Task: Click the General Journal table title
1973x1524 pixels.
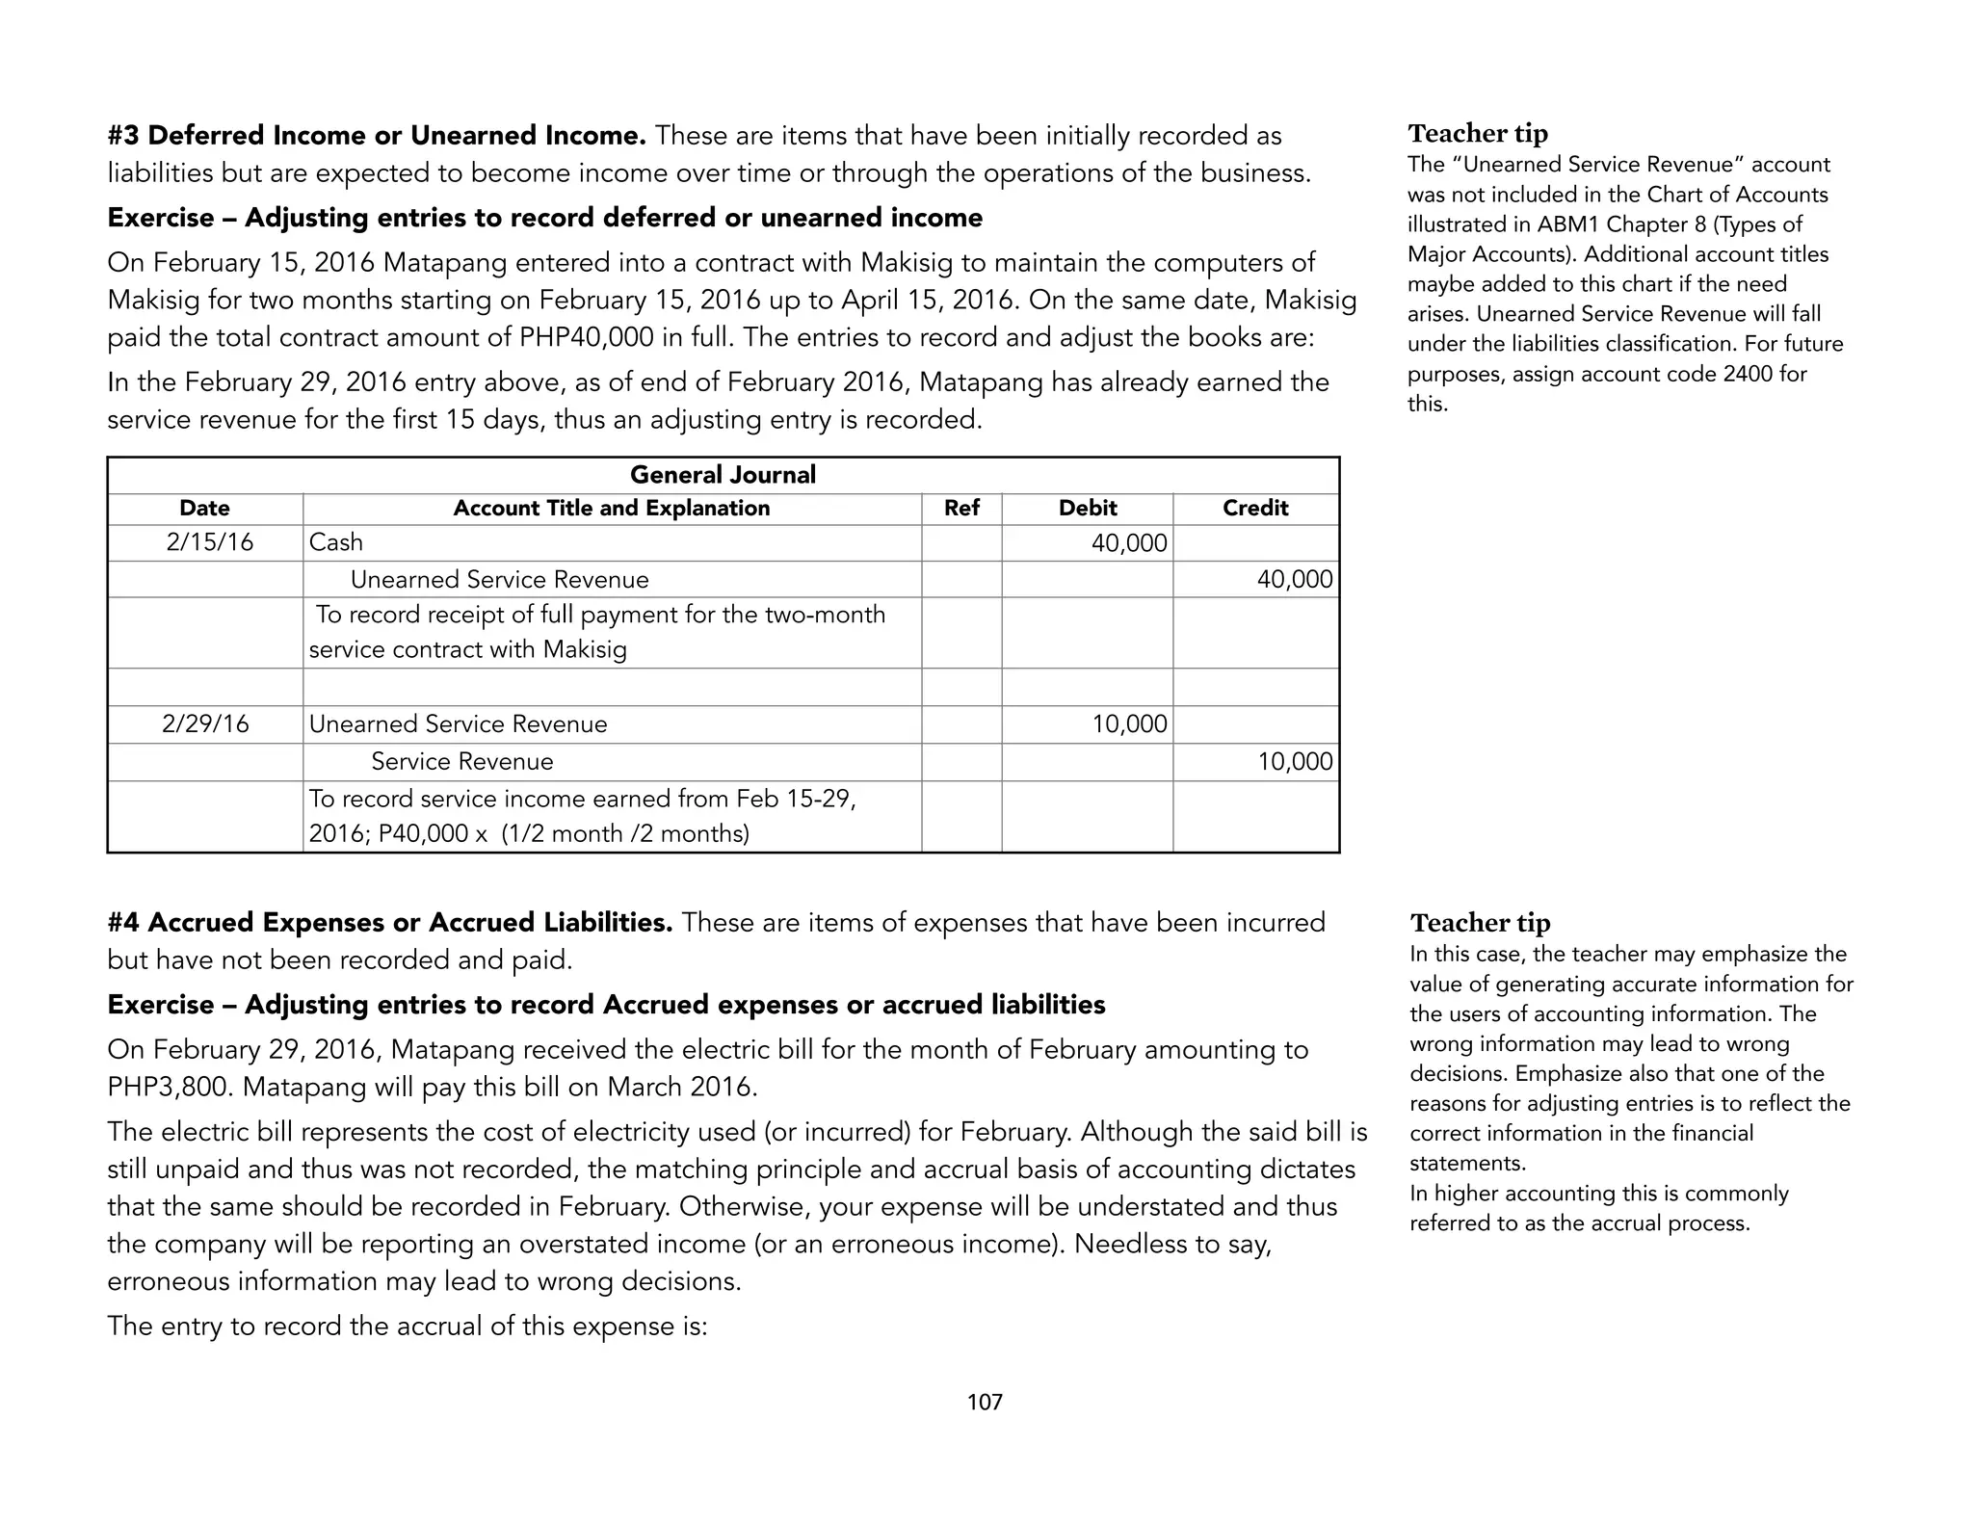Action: tap(723, 475)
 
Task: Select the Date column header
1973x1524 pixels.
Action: tap(204, 509)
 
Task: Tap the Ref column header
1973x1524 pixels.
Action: tap(961, 509)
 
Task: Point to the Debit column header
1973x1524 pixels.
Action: tap(1088, 509)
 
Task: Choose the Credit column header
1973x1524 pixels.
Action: tap(1255, 509)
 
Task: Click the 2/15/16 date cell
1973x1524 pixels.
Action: tap(210, 542)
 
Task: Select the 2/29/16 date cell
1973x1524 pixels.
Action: tap(205, 724)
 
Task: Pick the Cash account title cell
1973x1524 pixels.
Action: tap(336, 542)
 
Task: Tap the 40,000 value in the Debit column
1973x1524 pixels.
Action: tap(1129, 543)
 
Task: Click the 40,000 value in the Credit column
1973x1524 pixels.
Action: tap(1295, 580)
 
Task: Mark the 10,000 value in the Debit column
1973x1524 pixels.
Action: tap(1129, 724)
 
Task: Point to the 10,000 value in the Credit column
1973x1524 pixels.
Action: tap(1295, 762)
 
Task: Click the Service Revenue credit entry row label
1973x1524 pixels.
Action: tap(462, 762)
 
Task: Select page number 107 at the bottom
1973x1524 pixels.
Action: tap(985, 1403)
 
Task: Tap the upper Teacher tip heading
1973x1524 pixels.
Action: tap(1478, 133)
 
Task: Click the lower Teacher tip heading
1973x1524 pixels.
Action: tap(1480, 923)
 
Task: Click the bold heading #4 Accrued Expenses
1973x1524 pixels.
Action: tap(390, 923)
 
